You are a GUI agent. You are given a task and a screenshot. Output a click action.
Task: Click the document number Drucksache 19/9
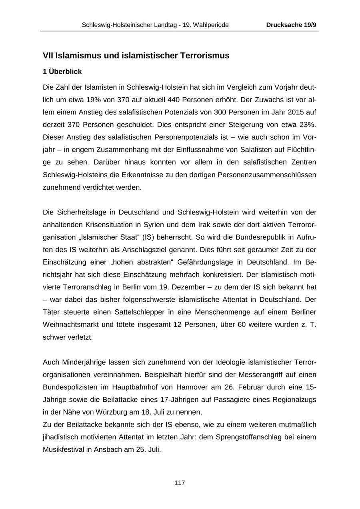click(291, 25)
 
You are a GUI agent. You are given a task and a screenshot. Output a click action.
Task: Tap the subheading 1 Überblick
click(62, 72)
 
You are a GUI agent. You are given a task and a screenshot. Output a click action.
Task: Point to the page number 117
click(180, 483)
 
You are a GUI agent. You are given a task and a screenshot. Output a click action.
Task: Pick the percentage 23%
click(308, 124)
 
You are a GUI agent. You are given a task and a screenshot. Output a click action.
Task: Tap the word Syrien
click(168, 224)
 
